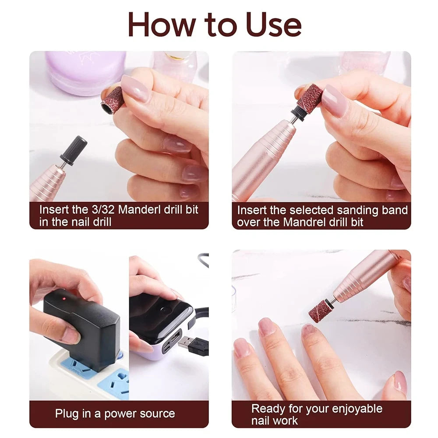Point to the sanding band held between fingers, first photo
113,100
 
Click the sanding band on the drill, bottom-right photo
320,311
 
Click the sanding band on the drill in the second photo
310,99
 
